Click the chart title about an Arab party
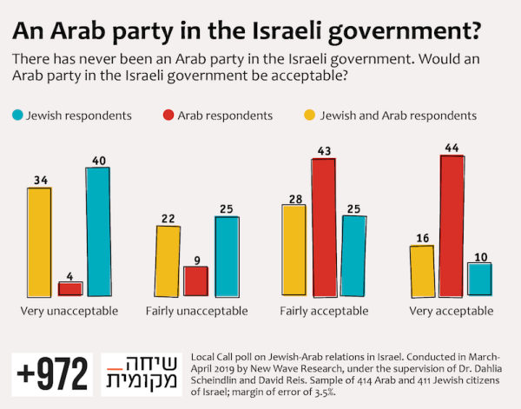tap(247, 30)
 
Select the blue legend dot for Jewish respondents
tap(16, 114)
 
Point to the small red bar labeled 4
tap(69, 287)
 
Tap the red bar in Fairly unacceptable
tap(195, 280)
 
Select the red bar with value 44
tap(451, 225)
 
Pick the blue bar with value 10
tap(479, 279)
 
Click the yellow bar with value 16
tap(421, 270)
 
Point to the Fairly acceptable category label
tap(323, 310)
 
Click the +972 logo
tap(52, 373)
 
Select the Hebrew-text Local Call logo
tap(138, 373)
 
